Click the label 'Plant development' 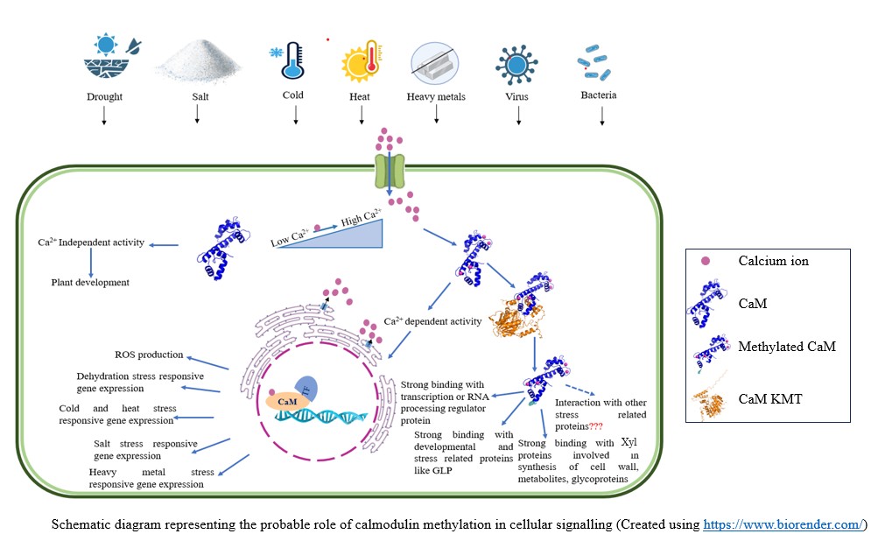coord(90,283)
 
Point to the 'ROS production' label coord(149,355)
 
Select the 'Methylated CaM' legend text coord(787,347)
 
